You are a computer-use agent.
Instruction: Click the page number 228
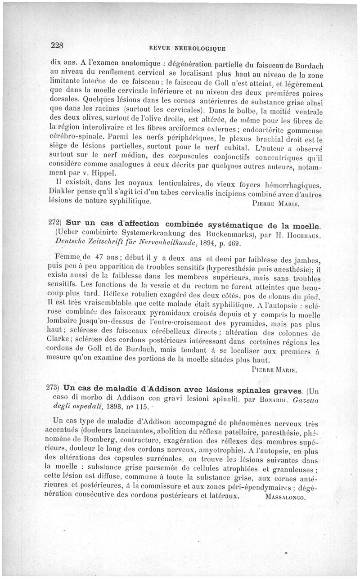coord(58,45)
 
